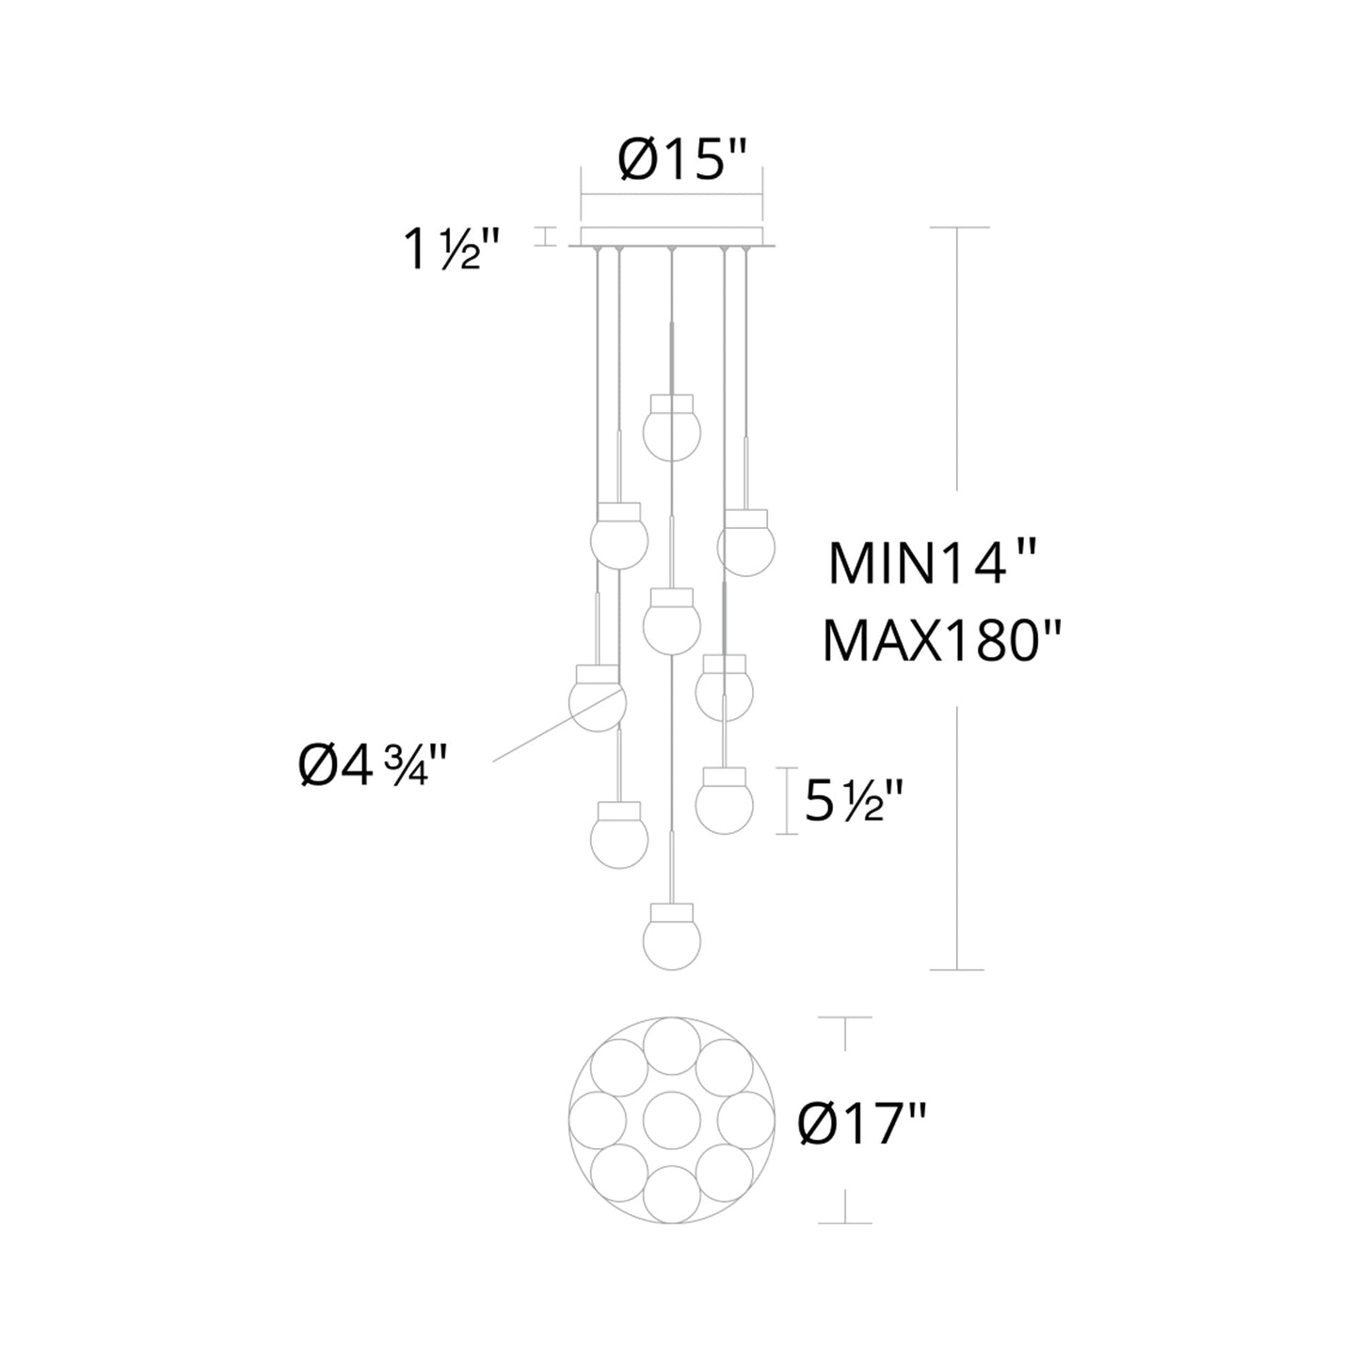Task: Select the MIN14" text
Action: [x=932, y=565]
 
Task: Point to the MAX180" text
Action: [x=941, y=642]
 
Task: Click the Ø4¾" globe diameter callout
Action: [x=374, y=766]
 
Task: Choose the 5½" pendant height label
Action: [x=853, y=801]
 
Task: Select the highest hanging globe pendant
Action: [x=672, y=427]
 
